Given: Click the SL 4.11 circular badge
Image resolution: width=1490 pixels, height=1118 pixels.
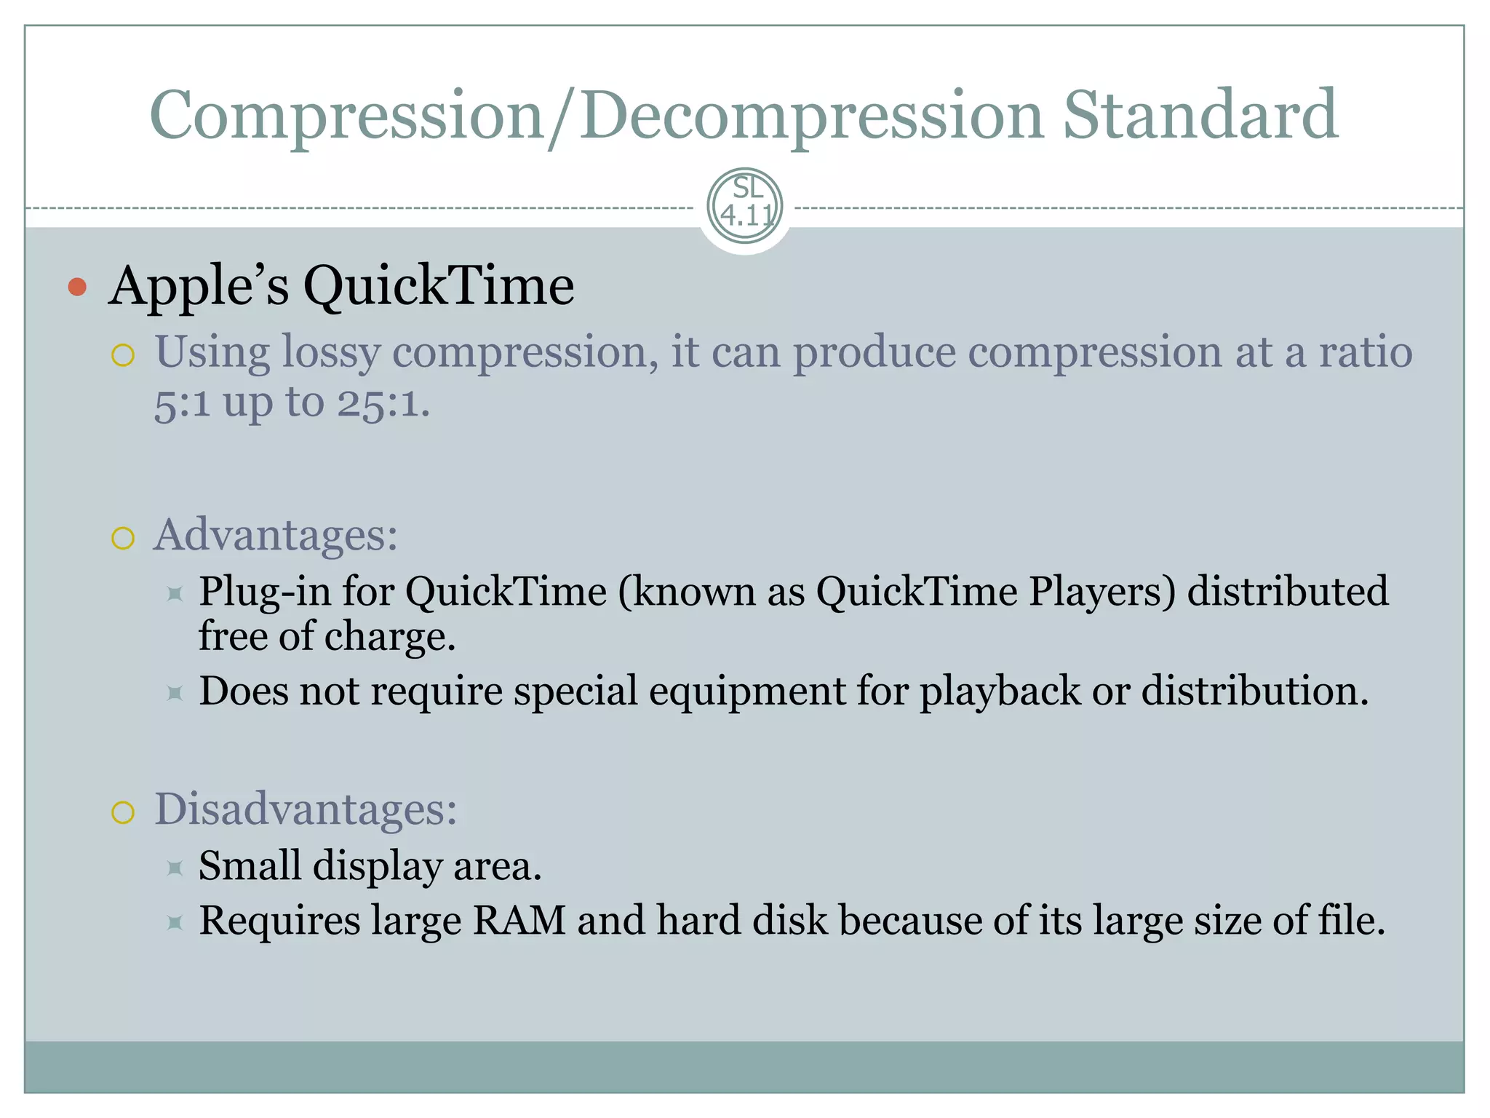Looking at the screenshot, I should pos(745,206).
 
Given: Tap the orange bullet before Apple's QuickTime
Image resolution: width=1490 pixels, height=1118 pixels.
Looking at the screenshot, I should pos(77,287).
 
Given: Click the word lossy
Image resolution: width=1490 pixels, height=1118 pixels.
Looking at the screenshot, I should pos(331,352).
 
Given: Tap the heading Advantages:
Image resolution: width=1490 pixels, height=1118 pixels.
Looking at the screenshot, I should pos(276,535).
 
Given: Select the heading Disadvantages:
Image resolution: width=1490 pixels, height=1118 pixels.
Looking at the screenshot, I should pos(306,809).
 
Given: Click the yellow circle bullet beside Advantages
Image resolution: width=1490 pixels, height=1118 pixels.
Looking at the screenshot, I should pos(123,539).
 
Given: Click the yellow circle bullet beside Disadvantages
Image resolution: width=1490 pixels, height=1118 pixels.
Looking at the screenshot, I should pos(123,812).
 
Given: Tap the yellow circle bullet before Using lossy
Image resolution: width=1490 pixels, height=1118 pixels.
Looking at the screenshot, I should pos(123,355).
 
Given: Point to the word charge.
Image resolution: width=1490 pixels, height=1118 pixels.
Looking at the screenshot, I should pos(389,637).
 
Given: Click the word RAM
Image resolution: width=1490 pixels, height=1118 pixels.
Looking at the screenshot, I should pos(519,920).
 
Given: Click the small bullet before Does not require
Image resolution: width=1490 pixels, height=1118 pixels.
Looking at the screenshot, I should pos(175,693).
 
